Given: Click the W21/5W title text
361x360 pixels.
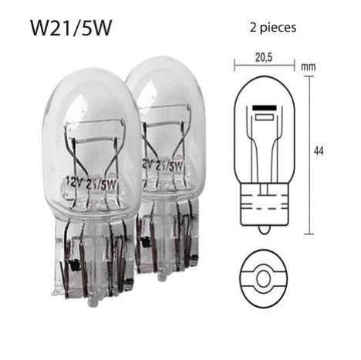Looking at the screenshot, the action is coord(71,28).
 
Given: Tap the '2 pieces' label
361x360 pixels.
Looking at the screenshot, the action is coord(273,28).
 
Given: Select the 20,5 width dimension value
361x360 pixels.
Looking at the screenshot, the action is coord(264,58).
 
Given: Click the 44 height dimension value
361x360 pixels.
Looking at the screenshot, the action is coord(319,151).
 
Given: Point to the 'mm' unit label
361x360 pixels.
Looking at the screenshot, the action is coord(309,67).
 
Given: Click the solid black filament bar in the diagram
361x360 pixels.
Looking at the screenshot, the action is coord(265,108).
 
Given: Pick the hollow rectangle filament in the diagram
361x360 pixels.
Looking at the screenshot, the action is coord(265,117).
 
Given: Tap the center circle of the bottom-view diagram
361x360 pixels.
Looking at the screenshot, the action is coord(264,278).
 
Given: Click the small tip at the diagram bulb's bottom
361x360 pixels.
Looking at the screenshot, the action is coord(264,230).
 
